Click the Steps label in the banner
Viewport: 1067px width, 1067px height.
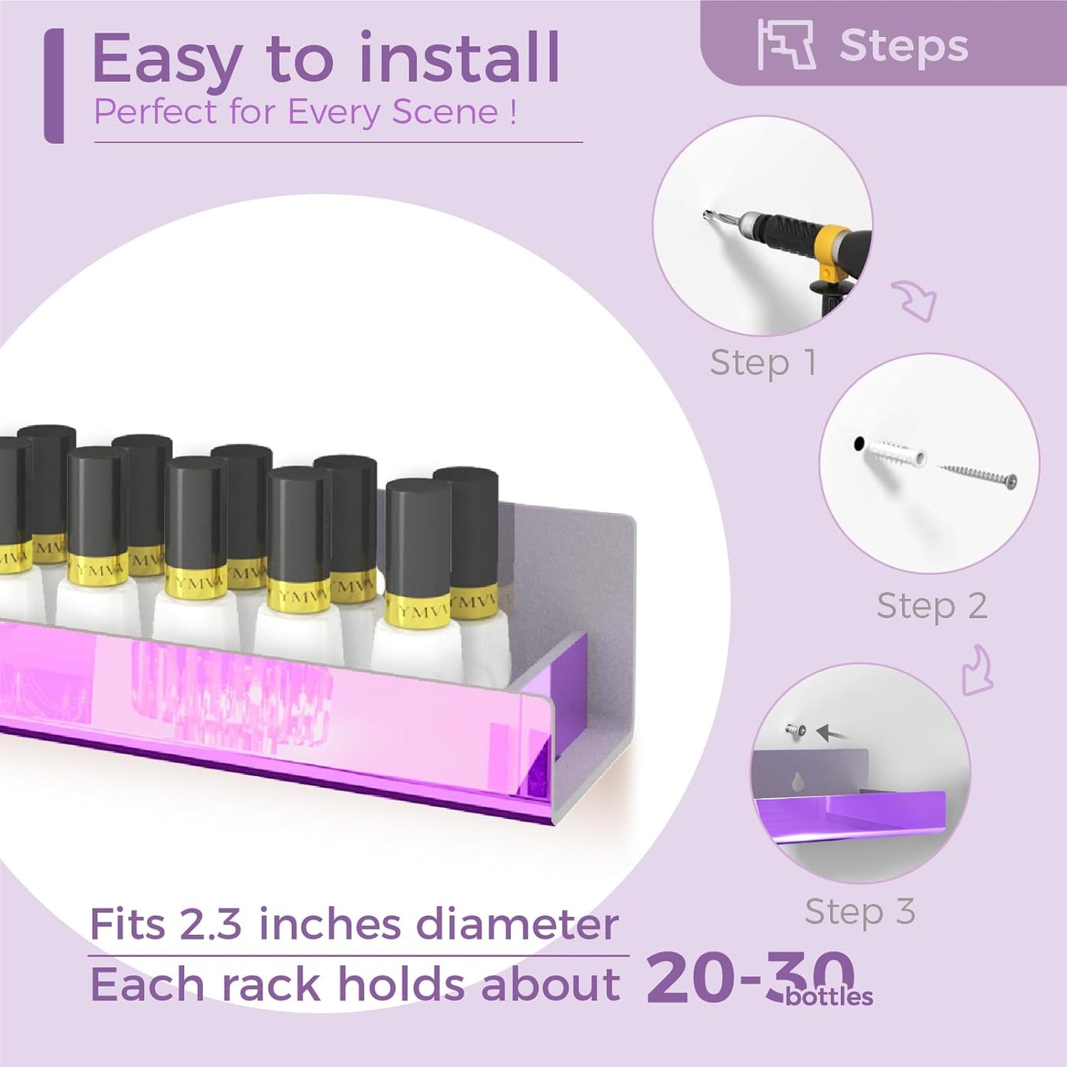(903, 47)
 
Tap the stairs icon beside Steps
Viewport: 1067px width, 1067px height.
(786, 45)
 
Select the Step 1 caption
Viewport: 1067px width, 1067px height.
(763, 363)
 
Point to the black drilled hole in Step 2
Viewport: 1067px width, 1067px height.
(859, 444)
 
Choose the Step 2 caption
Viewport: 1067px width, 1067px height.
(932, 606)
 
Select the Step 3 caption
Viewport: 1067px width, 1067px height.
(860, 911)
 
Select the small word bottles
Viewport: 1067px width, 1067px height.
(829, 997)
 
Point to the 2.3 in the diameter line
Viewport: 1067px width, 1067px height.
(210, 924)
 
